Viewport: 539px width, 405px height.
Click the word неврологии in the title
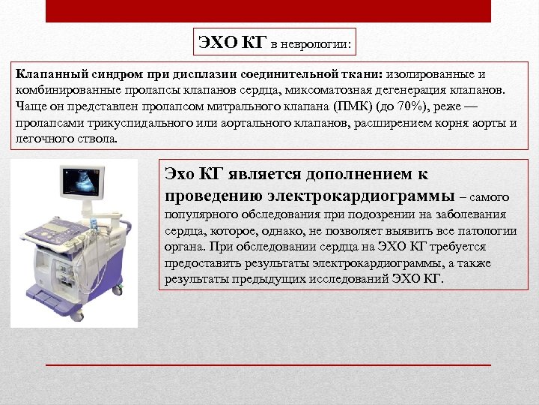[x=316, y=44]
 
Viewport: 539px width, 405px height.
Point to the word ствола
[x=97, y=139]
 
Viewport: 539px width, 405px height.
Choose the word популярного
[x=198, y=216]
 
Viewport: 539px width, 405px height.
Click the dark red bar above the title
[x=268, y=11]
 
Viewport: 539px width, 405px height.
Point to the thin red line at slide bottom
[x=268, y=364]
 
